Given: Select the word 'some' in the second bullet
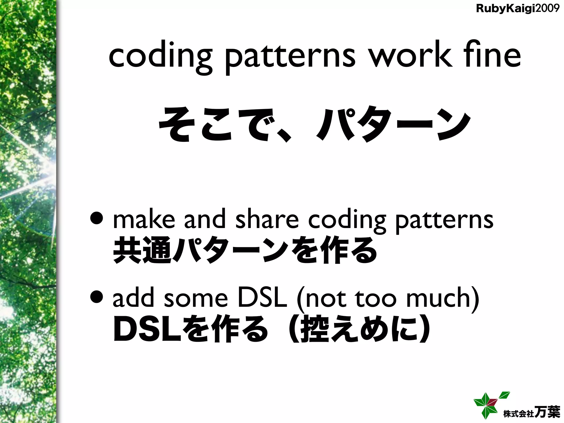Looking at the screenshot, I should coord(196,299).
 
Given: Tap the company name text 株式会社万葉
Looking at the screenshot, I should coord(531,412).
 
